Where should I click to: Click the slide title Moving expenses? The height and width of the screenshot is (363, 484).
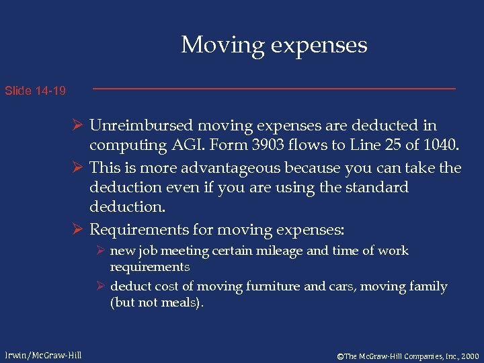pos(274,45)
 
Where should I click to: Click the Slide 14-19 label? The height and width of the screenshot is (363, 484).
pos(35,90)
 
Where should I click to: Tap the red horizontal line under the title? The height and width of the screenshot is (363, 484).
pos(274,89)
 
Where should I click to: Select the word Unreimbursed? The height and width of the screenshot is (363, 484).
pos(140,126)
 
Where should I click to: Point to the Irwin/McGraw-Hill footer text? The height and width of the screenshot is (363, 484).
pos(43,355)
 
